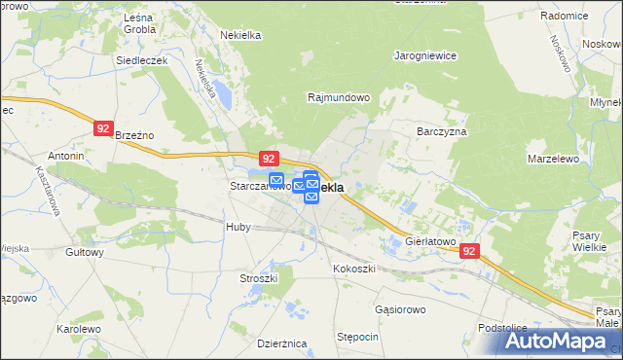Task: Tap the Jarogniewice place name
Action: click(425, 56)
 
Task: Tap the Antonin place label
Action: click(66, 156)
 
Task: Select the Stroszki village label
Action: click(259, 278)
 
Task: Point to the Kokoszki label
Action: click(352, 268)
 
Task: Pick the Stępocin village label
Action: click(357, 336)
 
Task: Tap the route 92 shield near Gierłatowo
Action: click(471, 250)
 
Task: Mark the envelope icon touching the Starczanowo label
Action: click(276, 180)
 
